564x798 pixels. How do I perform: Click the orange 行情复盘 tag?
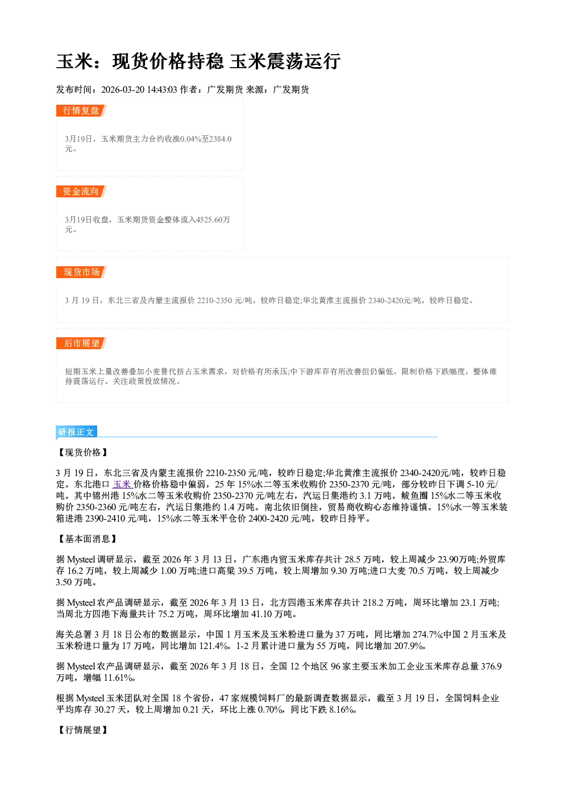click(x=81, y=110)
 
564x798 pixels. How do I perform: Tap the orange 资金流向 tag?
click(x=81, y=191)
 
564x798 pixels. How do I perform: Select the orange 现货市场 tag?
click(x=81, y=272)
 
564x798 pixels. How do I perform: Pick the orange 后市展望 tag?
click(x=81, y=343)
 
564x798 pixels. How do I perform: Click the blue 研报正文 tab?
click(x=77, y=432)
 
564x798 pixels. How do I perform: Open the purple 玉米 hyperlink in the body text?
click(x=122, y=485)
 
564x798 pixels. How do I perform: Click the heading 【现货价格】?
click(x=82, y=452)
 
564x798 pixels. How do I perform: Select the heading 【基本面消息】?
click(x=87, y=539)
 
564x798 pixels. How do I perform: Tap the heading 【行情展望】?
click(x=82, y=730)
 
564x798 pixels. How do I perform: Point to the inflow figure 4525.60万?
click(x=213, y=220)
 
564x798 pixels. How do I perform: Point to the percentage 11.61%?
click(x=118, y=677)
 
